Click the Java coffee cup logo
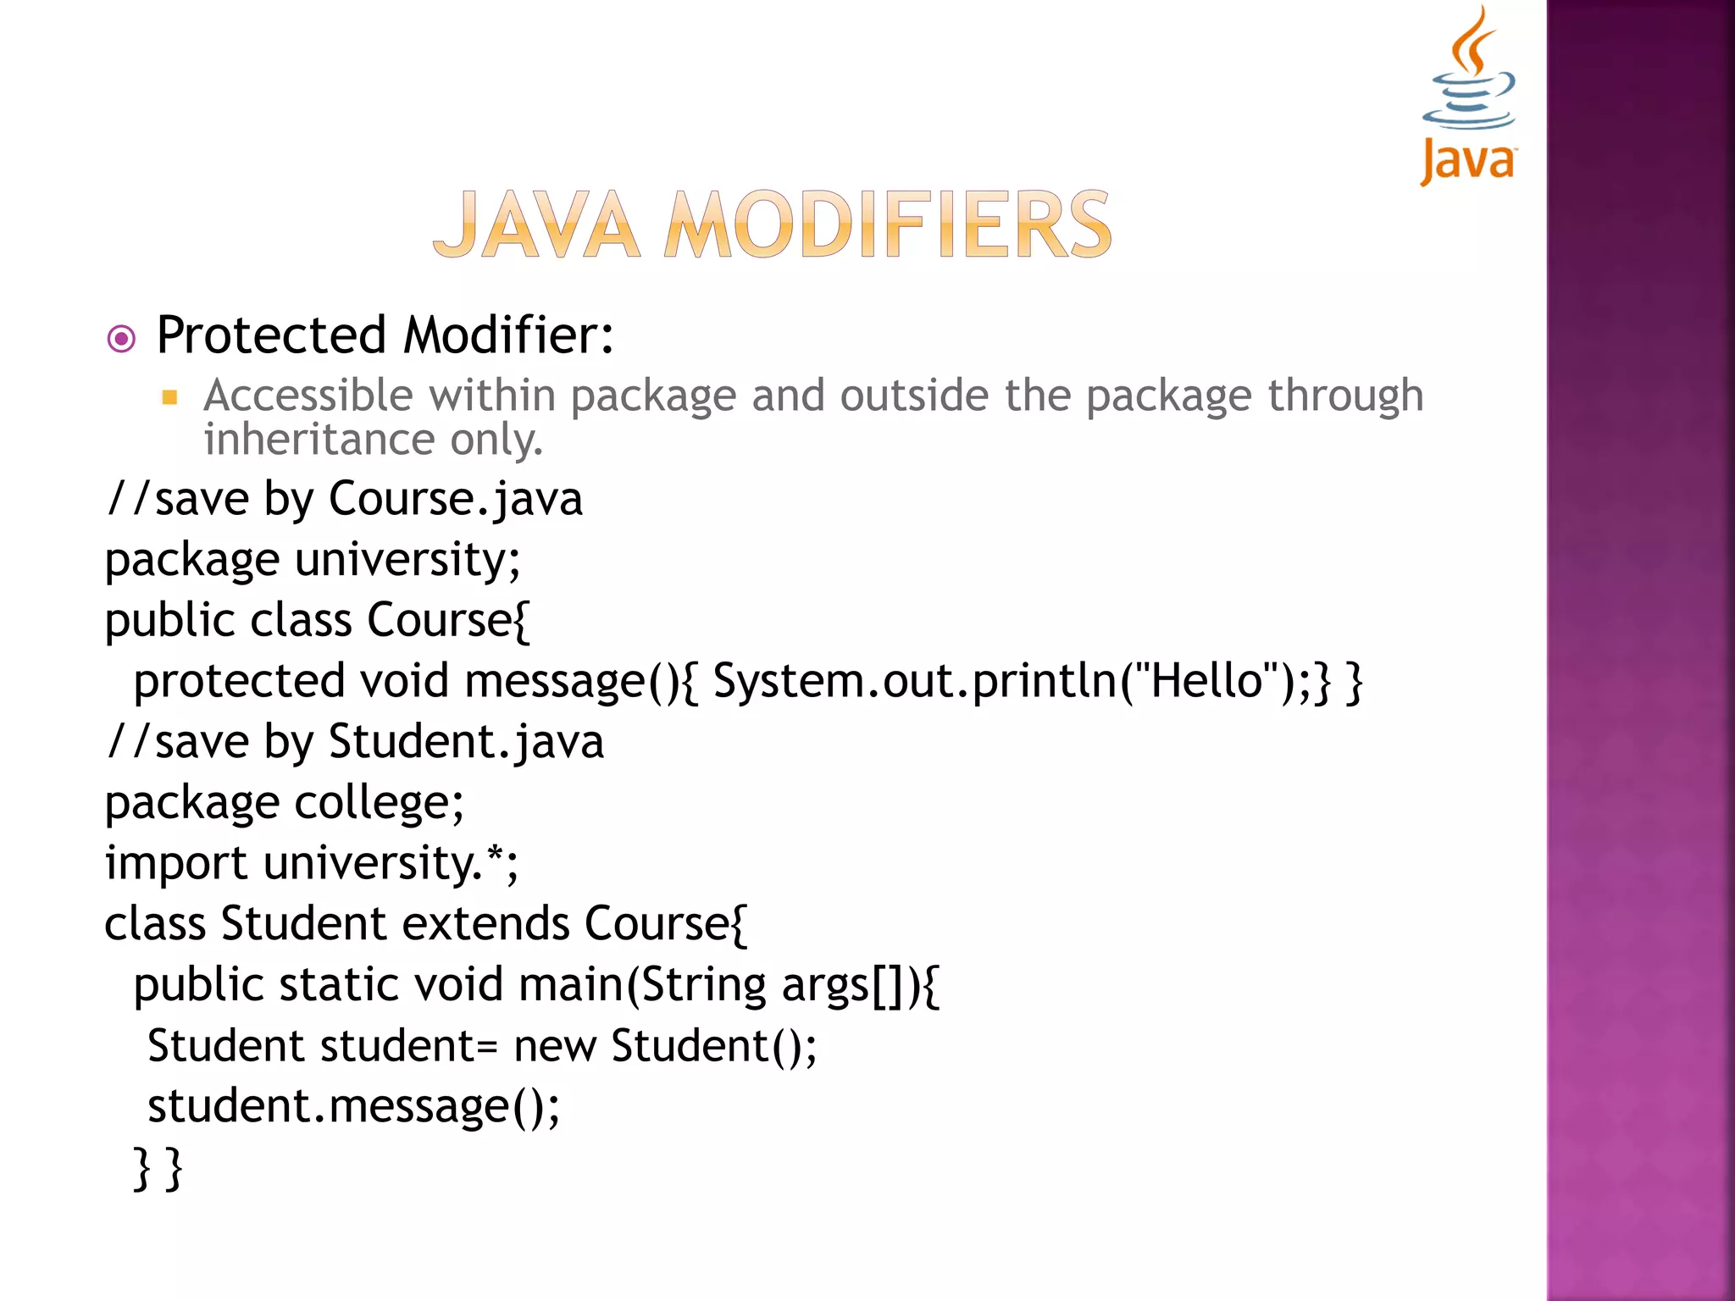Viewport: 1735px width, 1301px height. pyautogui.click(x=1468, y=93)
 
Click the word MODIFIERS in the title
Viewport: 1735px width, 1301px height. pyautogui.click(x=888, y=225)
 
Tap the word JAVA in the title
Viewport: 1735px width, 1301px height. pyautogui.click(x=536, y=225)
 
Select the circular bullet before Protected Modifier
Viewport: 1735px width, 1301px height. pyautogui.click(x=122, y=340)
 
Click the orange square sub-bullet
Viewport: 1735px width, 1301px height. pyautogui.click(x=169, y=397)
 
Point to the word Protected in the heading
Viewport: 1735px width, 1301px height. pyautogui.click(x=271, y=335)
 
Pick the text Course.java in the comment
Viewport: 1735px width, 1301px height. pyautogui.click(x=455, y=499)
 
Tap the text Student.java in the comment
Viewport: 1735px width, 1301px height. pyautogui.click(x=466, y=742)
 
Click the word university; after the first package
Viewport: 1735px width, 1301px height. pyautogui.click(x=407, y=560)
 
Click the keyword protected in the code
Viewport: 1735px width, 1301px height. pyautogui.click(x=239, y=682)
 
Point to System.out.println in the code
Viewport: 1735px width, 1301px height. pyautogui.click(x=915, y=682)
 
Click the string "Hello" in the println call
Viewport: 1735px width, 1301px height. pyautogui.click(x=1207, y=680)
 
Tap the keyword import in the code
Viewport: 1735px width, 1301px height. pyautogui.click(x=175, y=865)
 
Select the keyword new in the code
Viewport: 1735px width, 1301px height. pyautogui.click(x=555, y=1047)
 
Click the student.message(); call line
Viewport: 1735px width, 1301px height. pyautogui.click(x=353, y=1107)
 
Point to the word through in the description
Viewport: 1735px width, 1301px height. pyautogui.click(x=1345, y=396)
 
